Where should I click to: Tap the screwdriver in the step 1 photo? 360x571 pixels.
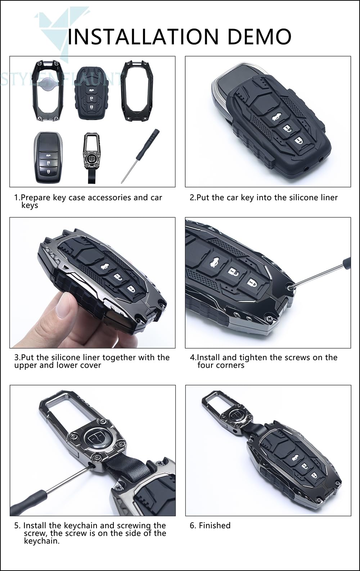[140, 156]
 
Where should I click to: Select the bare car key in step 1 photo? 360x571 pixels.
[48, 157]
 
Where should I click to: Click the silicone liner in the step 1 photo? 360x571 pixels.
[92, 94]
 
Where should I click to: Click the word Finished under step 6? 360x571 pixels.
[215, 525]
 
